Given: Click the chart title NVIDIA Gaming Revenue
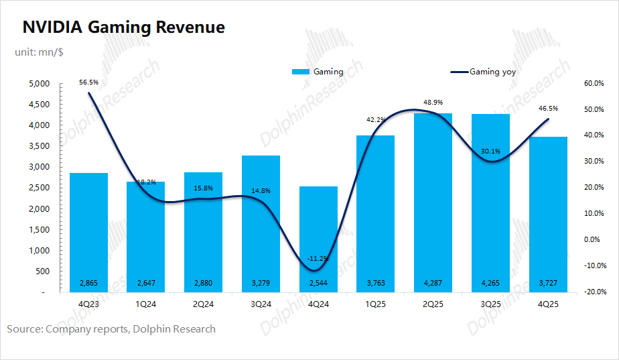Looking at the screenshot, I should pyautogui.click(x=124, y=27).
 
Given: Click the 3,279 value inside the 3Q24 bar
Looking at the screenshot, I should pyautogui.click(x=261, y=284).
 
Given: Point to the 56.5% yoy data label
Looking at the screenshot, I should pyautogui.click(x=88, y=82).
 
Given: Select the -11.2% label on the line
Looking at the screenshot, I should pyautogui.click(x=318, y=258).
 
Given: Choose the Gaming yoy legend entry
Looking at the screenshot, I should pyautogui.click(x=483, y=72).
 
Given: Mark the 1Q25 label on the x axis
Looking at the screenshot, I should pyautogui.click(x=376, y=303).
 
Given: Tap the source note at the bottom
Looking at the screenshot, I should pyautogui.click(x=111, y=329).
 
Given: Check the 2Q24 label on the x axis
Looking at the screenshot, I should pyautogui.click(x=204, y=303).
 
